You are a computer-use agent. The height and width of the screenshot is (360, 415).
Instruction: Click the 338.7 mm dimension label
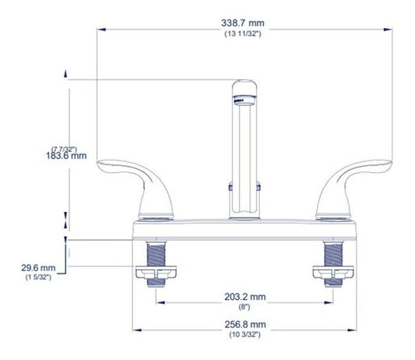pyautogui.click(x=243, y=23)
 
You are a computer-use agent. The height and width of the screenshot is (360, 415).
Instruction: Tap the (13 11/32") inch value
pyautogui.click(x=243, y=34)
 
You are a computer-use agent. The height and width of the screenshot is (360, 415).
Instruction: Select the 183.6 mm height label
pyautogui.click(x=66, y=156)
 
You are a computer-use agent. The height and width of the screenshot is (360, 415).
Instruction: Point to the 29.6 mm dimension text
pyautogui.click(x=38, y=268)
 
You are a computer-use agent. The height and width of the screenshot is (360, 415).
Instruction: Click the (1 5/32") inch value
pyautogui.click(x=38, y=277)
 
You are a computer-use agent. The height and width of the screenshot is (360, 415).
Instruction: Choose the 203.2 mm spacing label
pyautogui.click(x=245, y=297)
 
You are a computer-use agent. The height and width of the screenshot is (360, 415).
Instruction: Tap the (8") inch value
pyautogui.click(x=244, y=307)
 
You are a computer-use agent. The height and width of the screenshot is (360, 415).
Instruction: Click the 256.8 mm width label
pyautogui.click(x=245, y=324)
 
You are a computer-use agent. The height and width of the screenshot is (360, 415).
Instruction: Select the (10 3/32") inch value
pyautogui.click(x=244, y=334)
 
